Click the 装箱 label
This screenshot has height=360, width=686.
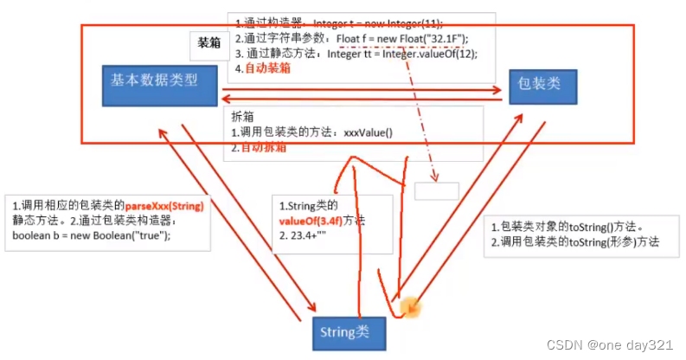click(x=208, y=41)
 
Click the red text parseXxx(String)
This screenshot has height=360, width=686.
click(x=170, y=206)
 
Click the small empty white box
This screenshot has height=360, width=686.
click(x=436, y=191)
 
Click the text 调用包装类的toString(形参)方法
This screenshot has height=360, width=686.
click(x=580, y=242)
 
